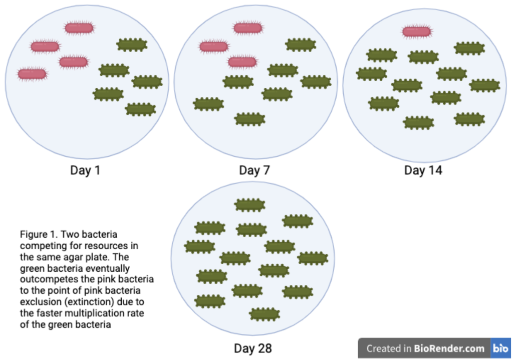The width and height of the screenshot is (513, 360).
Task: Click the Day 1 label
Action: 85,170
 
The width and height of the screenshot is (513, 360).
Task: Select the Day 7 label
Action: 254,170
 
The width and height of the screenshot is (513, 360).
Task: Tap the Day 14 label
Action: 423,170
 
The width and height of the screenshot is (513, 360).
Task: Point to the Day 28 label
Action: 253,348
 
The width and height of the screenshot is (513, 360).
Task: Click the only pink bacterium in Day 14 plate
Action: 417,32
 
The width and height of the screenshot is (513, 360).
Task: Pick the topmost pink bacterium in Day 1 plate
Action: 79,28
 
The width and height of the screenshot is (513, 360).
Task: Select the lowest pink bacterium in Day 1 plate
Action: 32,74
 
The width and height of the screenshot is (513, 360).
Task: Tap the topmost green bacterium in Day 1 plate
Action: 132,45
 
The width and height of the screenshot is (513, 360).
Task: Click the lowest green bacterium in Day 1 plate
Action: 140,109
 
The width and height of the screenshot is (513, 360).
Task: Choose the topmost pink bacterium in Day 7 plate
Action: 248,28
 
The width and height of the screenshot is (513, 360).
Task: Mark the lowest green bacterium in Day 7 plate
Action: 250,119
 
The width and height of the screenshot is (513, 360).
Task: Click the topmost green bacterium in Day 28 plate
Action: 250,205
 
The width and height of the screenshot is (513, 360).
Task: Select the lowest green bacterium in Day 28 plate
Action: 265,314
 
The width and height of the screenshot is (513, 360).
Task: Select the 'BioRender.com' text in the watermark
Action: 449,348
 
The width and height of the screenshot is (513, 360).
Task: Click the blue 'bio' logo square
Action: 500,348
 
